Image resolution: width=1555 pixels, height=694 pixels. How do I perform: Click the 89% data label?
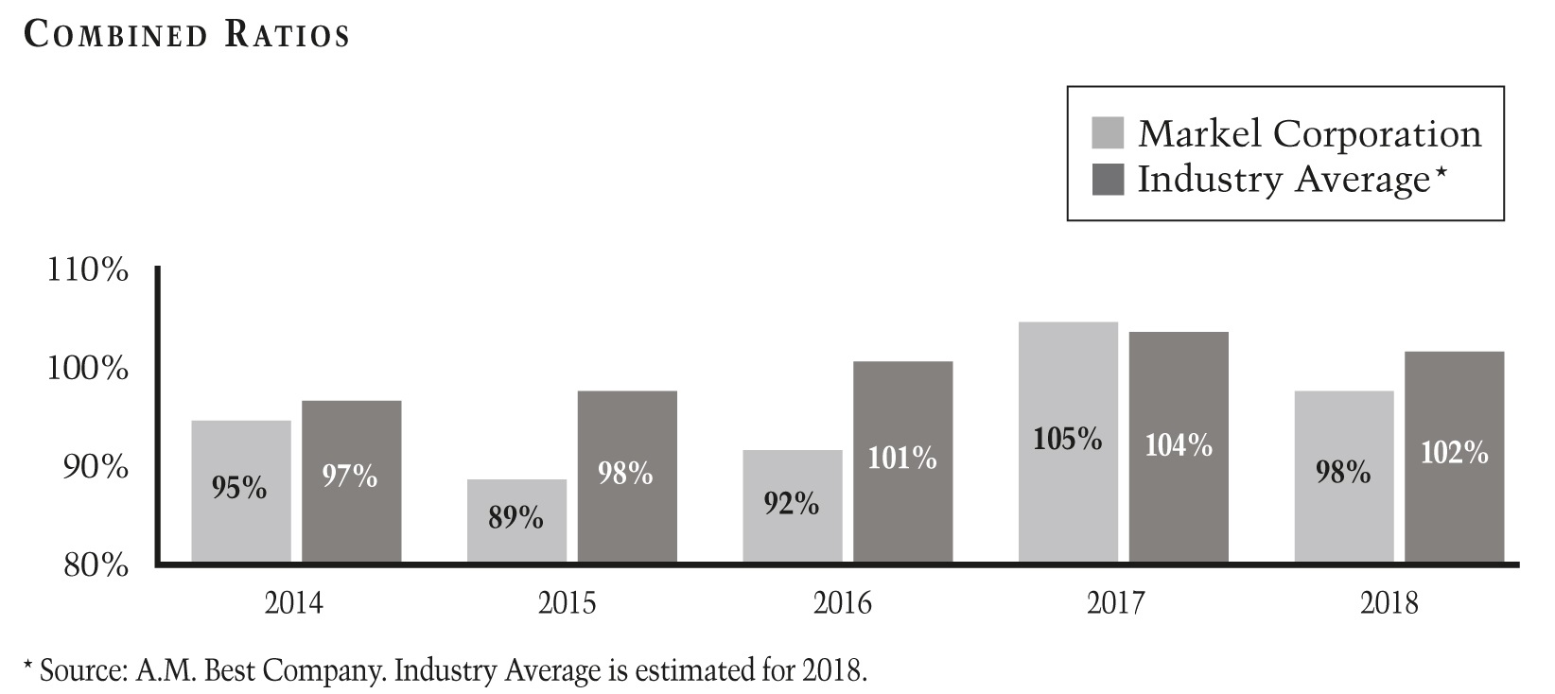[515, 518]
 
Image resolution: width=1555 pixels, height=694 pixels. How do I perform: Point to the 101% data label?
[902, 459]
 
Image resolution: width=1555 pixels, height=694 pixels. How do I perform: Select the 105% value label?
[1068, 440]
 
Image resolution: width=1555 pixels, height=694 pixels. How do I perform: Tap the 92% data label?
[792, 504]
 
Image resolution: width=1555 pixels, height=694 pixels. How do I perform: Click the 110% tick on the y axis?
[88, 270]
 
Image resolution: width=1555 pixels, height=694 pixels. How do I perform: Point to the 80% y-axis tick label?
[96, 565]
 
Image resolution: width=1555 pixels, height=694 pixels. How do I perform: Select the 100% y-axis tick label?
[88, 369]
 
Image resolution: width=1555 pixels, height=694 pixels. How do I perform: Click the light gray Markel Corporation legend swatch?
[1108, 133]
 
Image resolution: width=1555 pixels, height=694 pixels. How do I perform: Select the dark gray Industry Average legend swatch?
[1108, 179]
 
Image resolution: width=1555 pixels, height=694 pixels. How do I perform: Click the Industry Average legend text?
[1284, 179]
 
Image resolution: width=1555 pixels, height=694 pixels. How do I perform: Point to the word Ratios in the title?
[287, 35]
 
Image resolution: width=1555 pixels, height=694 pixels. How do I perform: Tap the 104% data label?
[1179, 445]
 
